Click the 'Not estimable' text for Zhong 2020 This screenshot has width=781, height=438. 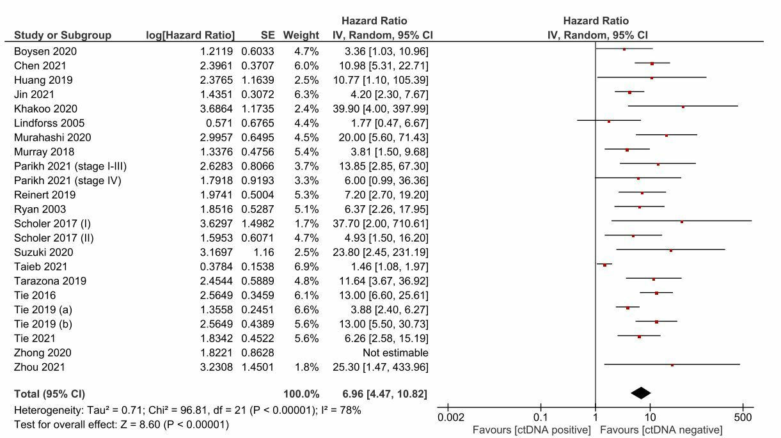click(x=395, y=353)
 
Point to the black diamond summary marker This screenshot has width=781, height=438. click(x=640, y=393)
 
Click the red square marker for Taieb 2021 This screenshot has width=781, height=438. click(x=604, y=265)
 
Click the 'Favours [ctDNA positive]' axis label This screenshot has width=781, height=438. click(x=532, y=430)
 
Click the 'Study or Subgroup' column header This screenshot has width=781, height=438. click(x=63, y=35)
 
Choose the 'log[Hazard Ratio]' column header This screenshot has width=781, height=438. click(x=191, y=35)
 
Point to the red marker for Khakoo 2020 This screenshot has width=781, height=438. click(x=682, y=107)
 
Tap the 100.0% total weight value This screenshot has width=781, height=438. click(x=301, y=394)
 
